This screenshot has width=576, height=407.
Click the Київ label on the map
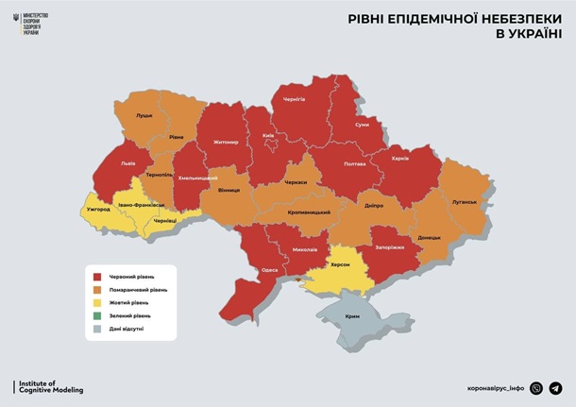pos(268,135)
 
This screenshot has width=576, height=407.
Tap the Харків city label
pos(399,158)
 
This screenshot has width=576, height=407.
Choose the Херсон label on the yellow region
pos(339,264)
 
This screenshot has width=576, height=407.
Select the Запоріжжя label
pos(388,247)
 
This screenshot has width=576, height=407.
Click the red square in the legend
pos(95,276)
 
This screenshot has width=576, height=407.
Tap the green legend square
pos(95,315)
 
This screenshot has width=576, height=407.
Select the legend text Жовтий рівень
pos(129,302)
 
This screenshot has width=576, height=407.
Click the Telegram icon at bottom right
pos(555,388)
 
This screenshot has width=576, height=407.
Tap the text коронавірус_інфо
pos(496,388)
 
